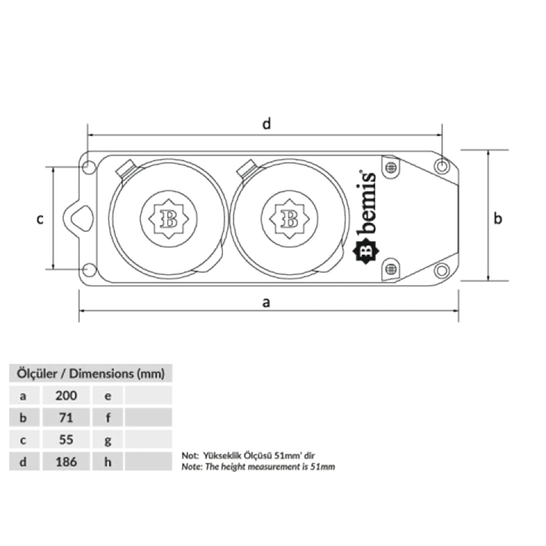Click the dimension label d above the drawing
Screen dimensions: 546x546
(x=267, y=124)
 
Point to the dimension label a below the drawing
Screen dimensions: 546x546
(x=266, y=302)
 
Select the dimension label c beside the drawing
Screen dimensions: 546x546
(x=40, y=219)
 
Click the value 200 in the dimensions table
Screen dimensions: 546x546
(x=66, y=396)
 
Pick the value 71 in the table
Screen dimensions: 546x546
(x=66, y=418)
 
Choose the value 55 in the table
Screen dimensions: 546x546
(x=66, y=440)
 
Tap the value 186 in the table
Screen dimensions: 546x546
(x=66, y=462)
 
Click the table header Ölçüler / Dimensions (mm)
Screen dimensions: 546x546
(x=91, y=373)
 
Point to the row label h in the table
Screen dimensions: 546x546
(x=108, y=462)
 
